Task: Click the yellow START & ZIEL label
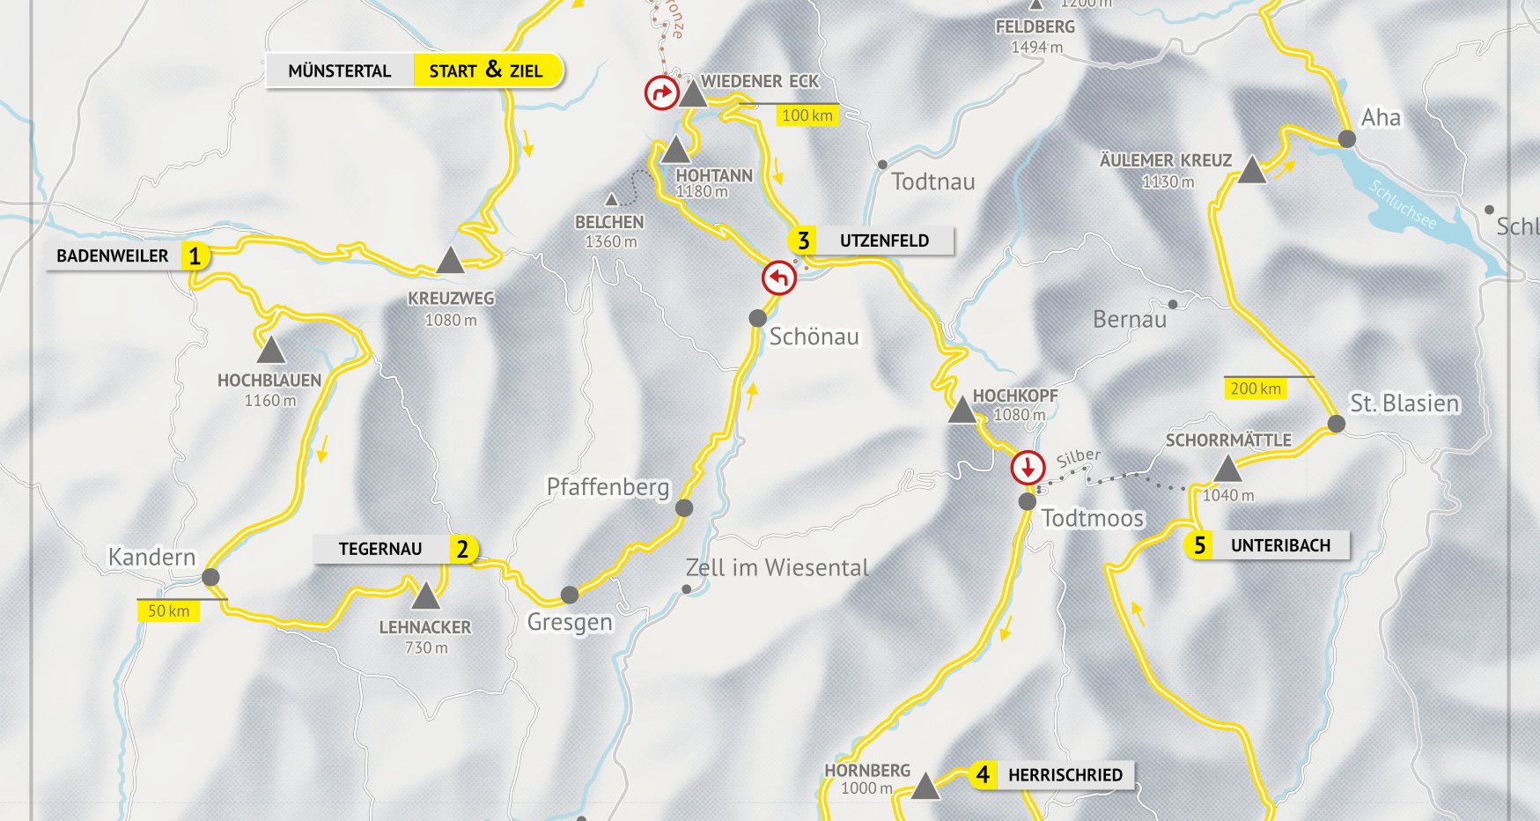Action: pos(486,70)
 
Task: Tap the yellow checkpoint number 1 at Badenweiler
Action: pos(195,256)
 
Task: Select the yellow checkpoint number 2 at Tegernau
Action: pos(462,549)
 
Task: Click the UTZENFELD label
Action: pos(883,240)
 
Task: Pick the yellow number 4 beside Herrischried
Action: pos(983,775)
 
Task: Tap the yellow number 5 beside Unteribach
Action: pos(1199,545)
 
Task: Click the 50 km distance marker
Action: pos(168,611)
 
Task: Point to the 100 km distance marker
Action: pos(807,115)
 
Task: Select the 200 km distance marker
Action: pos(1256,388)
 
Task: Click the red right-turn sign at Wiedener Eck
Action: pos(661,92)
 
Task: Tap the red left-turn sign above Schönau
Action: pos(779,278)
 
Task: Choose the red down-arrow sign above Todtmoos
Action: pos(1028,468)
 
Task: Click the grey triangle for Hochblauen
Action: pos(270,351)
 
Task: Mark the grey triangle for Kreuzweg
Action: pos(450,261)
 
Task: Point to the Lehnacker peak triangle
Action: pos(425,597)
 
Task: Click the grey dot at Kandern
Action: pos(210,577)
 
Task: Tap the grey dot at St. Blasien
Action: pos(1336,424)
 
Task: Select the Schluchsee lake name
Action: pos(1403,204)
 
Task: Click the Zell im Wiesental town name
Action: pos(777,568)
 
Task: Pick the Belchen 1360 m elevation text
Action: pos(611,241)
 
